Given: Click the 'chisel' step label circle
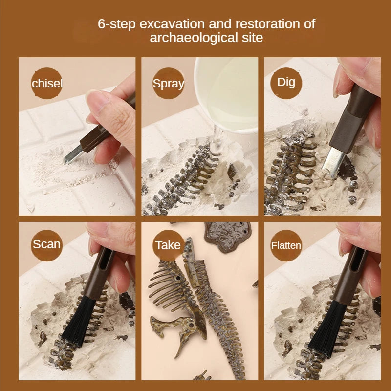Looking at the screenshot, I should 47,84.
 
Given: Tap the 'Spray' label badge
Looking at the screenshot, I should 169,84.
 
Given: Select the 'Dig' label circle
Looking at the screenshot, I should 286,82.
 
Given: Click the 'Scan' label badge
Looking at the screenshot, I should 47,244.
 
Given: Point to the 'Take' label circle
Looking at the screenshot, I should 168,245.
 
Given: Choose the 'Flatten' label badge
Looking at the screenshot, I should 286,245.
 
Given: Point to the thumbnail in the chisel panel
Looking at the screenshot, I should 99,98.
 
